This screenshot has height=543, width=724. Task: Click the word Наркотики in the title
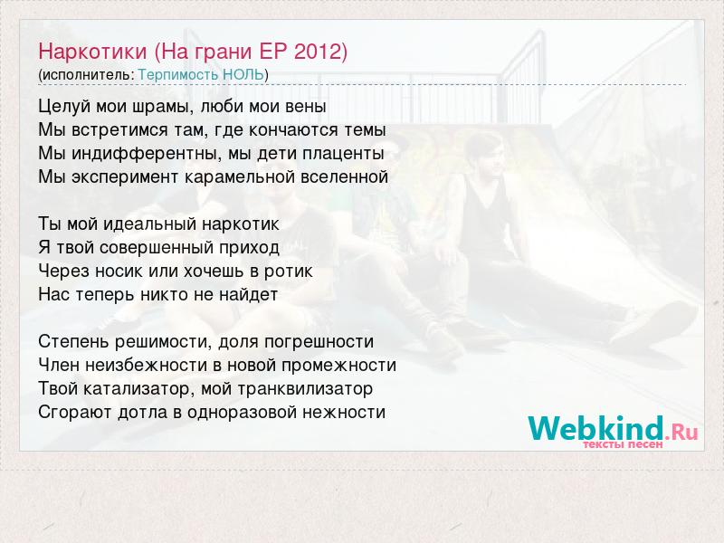[x=92, y=52]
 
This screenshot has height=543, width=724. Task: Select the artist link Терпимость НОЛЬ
[x=201, y=75]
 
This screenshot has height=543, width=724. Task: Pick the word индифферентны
[x=144, y=153]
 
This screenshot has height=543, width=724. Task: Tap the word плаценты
[x=343, y=154]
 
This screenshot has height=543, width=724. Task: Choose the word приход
[x=249, y=248]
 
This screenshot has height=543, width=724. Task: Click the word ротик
[x=288, y=271]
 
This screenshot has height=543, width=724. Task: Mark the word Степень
[x=73, y=342]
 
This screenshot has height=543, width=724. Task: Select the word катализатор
[x=137, y=389]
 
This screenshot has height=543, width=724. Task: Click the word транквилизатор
[x=305, y=389]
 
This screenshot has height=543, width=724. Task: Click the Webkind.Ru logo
[x=613, y=428]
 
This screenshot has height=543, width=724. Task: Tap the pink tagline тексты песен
[x=623, y=444]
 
